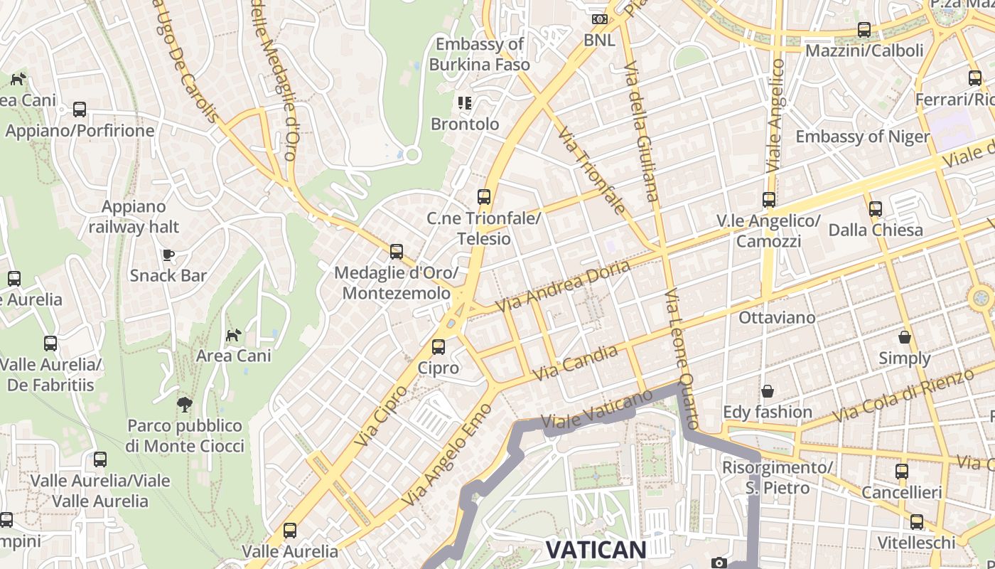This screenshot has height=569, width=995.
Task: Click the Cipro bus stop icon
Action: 439,347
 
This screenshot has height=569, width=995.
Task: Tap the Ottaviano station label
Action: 777,317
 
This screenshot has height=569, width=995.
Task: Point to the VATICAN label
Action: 596,549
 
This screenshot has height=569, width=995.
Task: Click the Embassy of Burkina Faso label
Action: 480,54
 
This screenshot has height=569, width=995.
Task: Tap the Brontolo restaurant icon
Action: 465,103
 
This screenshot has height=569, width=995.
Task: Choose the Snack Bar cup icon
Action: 168,255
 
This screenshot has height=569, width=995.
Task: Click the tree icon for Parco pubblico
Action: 185,405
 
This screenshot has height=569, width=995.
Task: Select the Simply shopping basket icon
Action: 905,337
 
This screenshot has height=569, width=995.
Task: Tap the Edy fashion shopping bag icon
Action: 768,391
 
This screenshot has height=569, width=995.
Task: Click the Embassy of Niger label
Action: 862,137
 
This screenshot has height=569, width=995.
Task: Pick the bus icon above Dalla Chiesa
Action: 876,209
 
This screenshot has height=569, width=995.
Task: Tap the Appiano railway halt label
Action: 134,217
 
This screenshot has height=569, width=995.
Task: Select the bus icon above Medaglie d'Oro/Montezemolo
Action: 397,252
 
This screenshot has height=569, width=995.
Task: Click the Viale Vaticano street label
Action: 597,412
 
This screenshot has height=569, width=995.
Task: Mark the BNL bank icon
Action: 600,19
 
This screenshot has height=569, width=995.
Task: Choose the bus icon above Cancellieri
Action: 902,471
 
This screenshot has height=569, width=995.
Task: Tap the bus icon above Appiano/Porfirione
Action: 80,110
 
